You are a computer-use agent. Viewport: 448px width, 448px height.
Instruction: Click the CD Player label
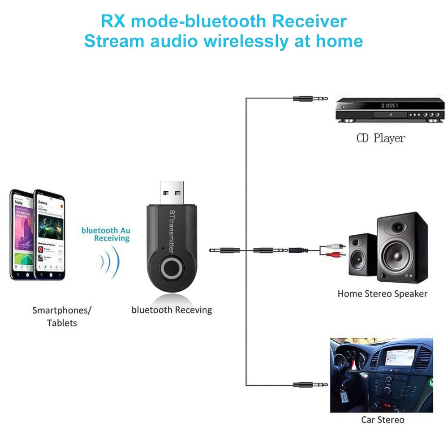380,138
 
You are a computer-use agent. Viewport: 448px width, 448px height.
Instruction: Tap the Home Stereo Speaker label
382,294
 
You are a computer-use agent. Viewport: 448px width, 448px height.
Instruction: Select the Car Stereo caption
383,420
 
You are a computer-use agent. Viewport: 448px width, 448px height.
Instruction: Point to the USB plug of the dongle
172,193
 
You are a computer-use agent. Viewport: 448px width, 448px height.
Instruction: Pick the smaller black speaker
362,256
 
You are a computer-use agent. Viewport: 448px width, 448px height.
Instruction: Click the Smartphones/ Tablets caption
62,316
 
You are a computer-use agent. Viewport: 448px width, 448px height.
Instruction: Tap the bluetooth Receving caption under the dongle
172,310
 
